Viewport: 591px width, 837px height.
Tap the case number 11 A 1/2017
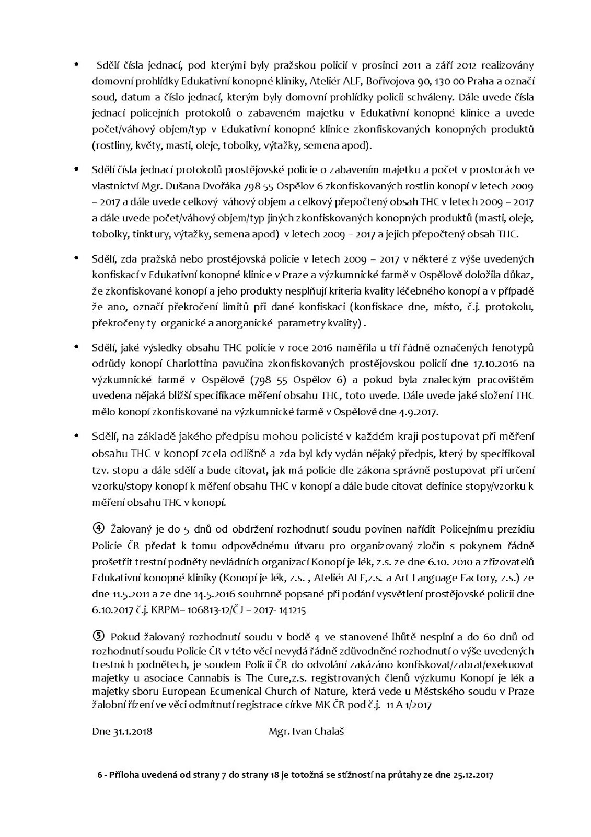407,705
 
